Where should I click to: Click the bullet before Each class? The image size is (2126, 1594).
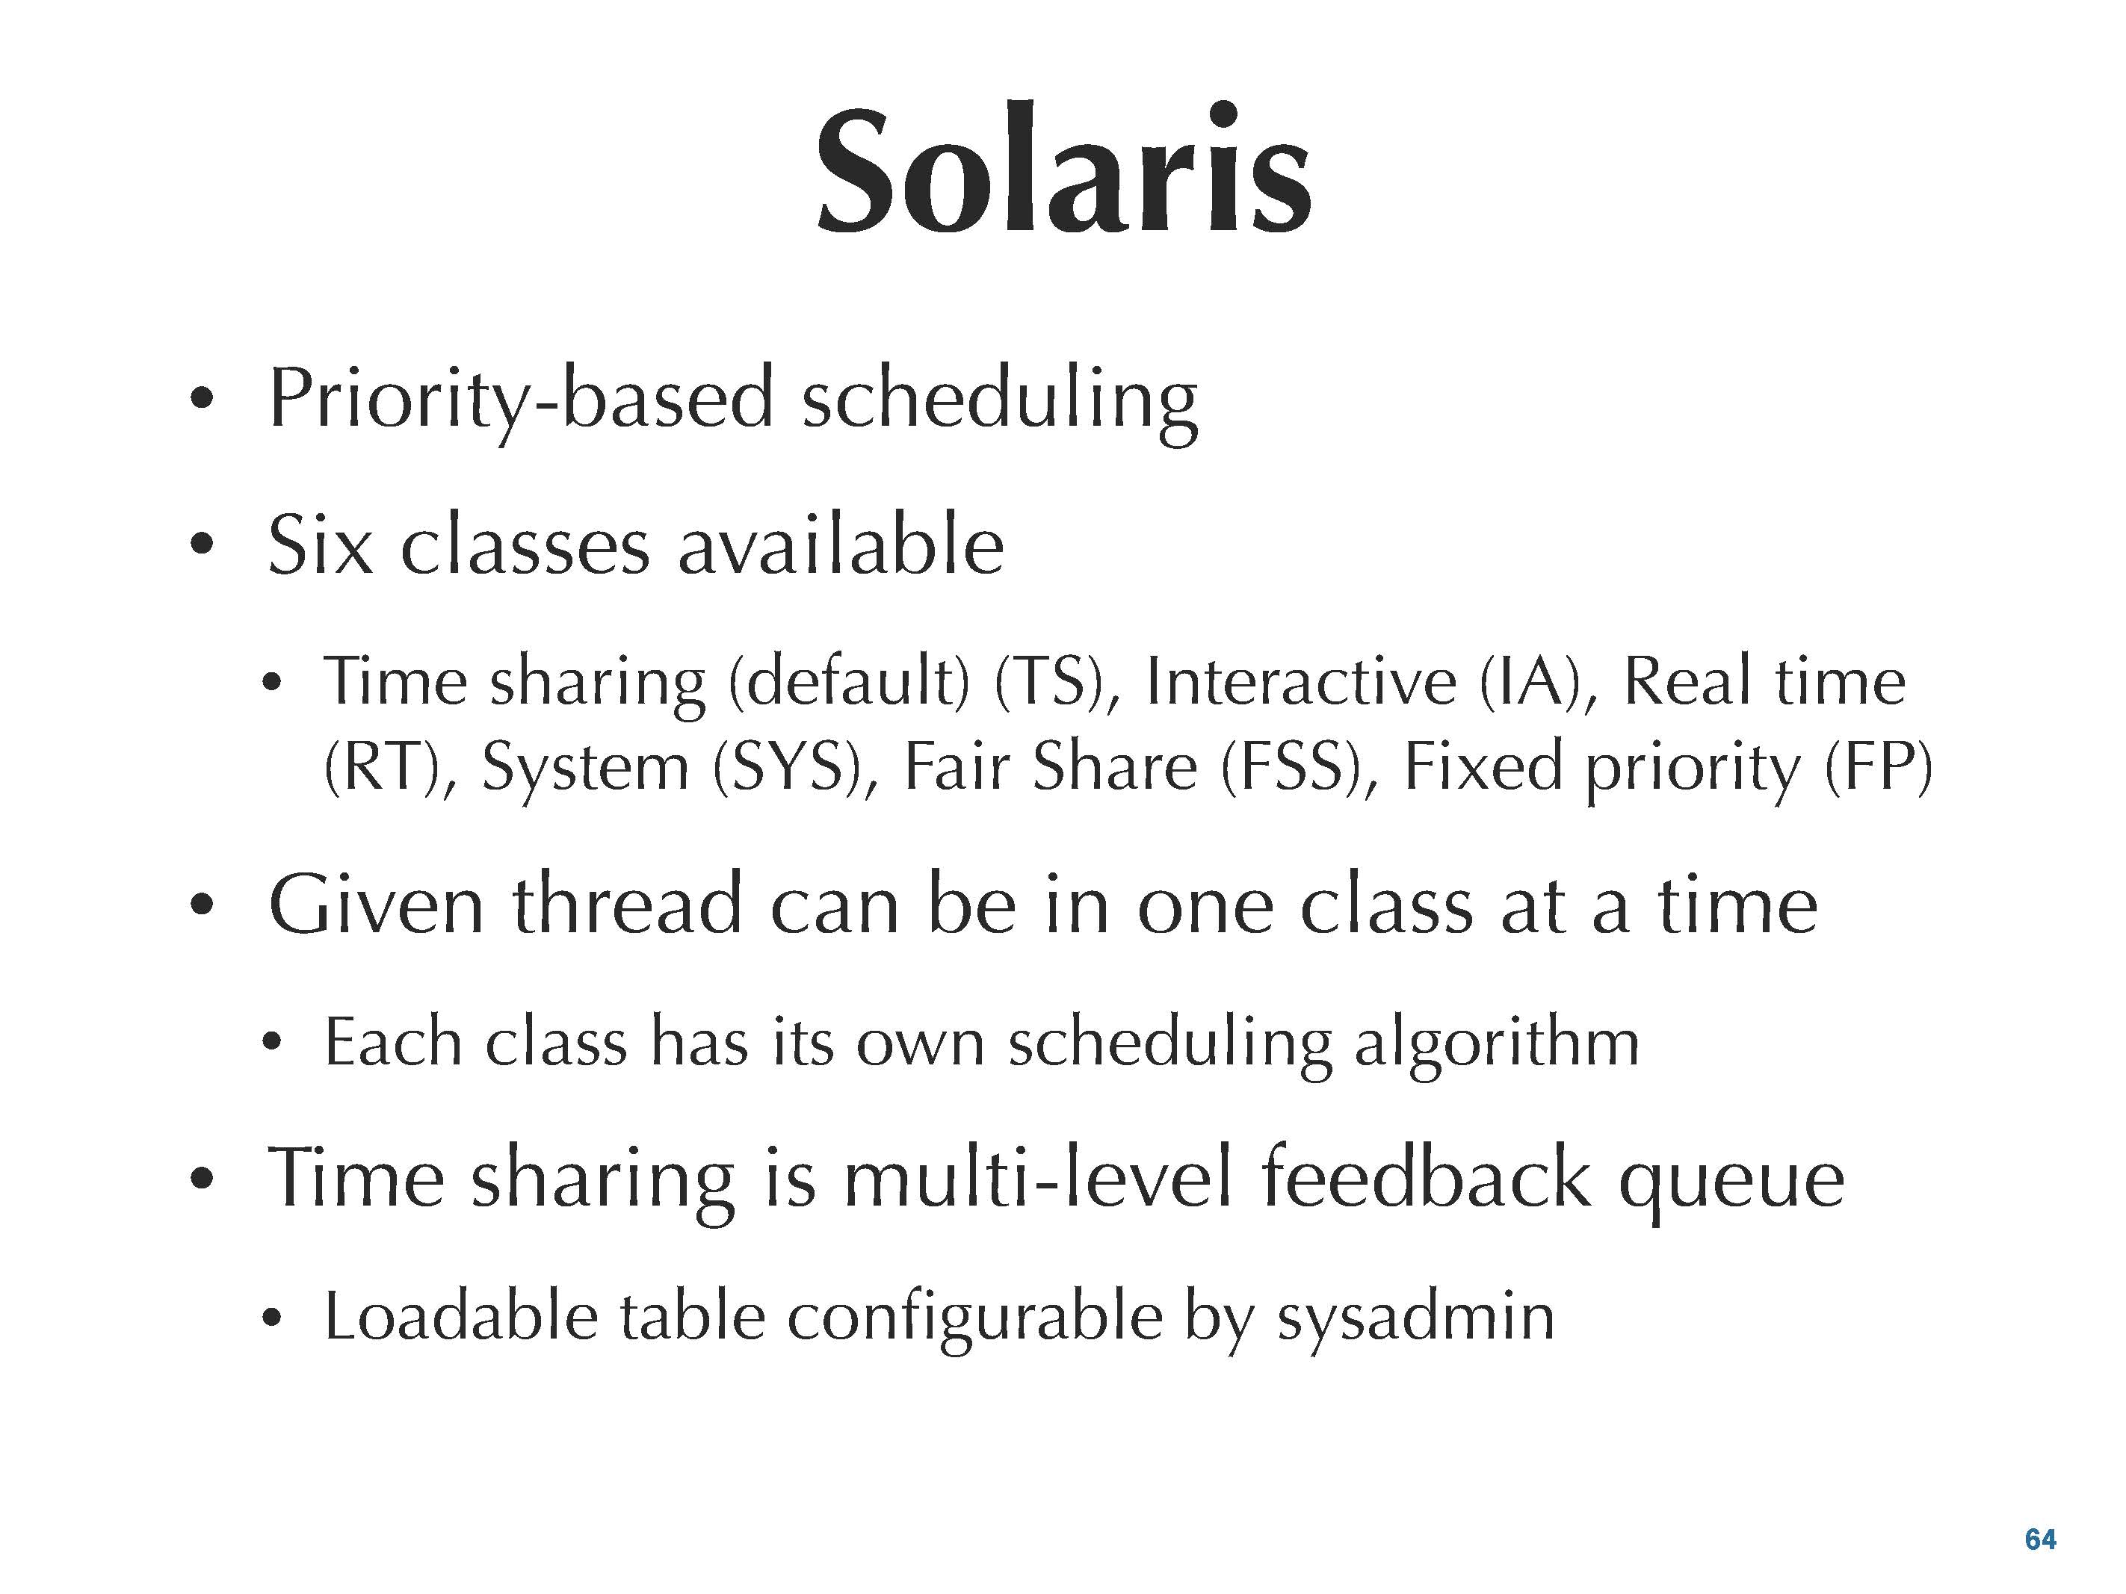coord(272,1041)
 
